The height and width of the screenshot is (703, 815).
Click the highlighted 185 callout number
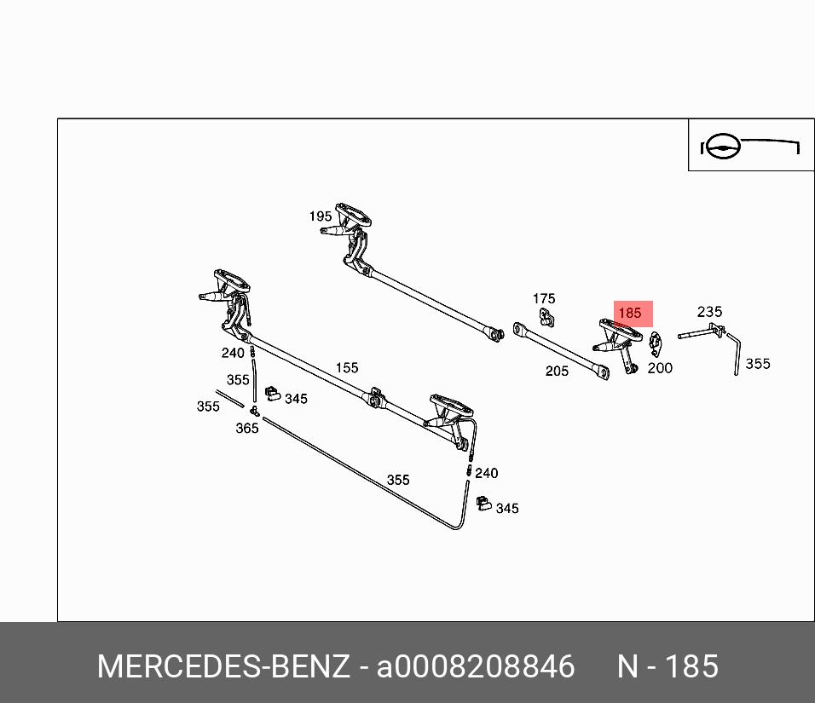(x=629, y=314)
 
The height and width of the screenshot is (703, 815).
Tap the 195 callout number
(x=321, y=216)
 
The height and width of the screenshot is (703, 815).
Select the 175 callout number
(x=544, y=298)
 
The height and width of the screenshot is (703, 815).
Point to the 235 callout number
(x=709, y=312)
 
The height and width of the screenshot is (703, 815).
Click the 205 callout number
(x=557, y=371)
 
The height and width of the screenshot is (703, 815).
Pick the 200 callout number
(x=660, y=368)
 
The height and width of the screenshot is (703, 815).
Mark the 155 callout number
(x=347, y=368)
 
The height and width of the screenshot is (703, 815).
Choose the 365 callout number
(x=247, y=428)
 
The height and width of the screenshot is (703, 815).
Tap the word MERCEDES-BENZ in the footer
(x=223, y=666)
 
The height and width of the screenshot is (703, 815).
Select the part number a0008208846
(x=476, y=666)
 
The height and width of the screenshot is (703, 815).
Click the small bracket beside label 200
(x=655, y=343)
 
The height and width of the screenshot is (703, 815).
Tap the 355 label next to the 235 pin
(x=757, y=364)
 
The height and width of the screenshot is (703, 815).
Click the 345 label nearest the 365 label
(x=296, y=399)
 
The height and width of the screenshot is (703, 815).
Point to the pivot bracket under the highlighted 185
(x=618, y=341)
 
